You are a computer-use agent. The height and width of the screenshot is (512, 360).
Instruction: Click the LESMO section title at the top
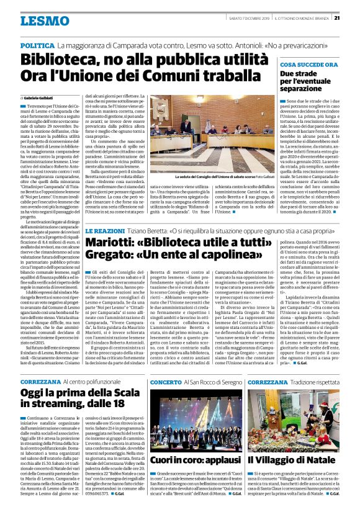point(44,21)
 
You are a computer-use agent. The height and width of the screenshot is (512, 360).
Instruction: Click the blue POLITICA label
point(37,47)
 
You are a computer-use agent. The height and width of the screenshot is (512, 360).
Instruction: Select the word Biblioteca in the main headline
point(62,61)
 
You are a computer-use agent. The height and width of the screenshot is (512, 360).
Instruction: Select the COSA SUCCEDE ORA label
point(308,65)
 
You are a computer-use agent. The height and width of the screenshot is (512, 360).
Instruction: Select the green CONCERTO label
point(165,383)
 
